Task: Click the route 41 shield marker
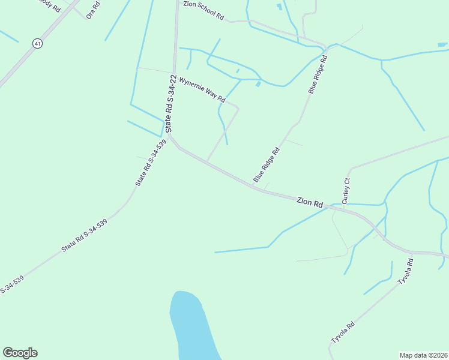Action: coord(38,44)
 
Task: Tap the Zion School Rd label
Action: coord(203,11)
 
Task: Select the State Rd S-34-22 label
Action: coord(171,104)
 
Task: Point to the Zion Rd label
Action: coord(310,202)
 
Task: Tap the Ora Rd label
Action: coord(92,10)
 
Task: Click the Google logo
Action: coord(20,353)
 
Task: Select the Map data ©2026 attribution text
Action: coord(423,355)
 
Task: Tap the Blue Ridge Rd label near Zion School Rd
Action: coord(318,74)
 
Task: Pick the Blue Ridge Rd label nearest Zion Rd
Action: coord(267,165)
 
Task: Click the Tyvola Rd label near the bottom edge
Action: coord(343,333)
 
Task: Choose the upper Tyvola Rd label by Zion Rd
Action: coord(406,271)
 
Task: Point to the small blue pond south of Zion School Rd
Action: coord(258,84)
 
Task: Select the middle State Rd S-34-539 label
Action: coord(84,236)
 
